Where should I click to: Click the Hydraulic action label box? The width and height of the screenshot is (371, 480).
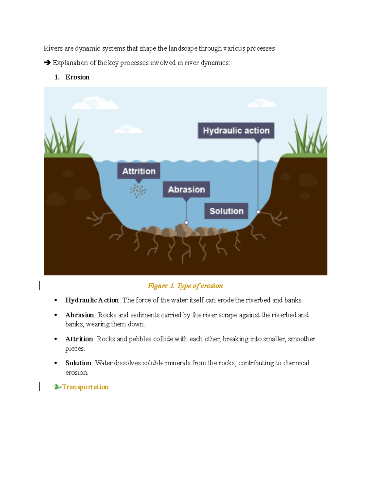pyautogui.click(x=236, y=131)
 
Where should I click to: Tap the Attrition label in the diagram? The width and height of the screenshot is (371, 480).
pyautogui.click(x=139, y=171)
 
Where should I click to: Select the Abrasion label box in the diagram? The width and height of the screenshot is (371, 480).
pyautogui.click(x=186, y=189)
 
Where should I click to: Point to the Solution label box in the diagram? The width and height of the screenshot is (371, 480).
pyautogui.click(x=226, y=211)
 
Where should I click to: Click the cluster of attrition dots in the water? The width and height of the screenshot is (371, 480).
pyautogui.click(x=138, y=191)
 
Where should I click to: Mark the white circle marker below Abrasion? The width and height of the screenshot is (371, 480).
pyautogui.click(x=186, y=223)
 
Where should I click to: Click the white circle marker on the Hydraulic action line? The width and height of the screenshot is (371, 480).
pyautogui.click(x=258, y=212)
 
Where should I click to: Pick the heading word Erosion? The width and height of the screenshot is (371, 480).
pyautogui.click(x=77, y=77)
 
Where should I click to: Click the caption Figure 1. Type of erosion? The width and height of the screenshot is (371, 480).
pyautogui.click(x=185, y=286)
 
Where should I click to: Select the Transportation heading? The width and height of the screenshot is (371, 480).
pyautogui.click(x=85, y=387)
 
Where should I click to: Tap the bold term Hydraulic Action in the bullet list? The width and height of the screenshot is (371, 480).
pyautogui.click(x=92, y=300)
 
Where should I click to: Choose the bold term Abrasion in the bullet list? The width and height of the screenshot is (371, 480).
pyautogui.click(x=79, y=315)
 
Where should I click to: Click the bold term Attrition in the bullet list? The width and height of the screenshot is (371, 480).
pyautogui.click(x=79, y=339)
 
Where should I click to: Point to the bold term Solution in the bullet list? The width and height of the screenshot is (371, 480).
pyautogui.click(x=78, y=363)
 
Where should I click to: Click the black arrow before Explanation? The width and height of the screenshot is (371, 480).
pyautogui.click(x=47, y=63)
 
